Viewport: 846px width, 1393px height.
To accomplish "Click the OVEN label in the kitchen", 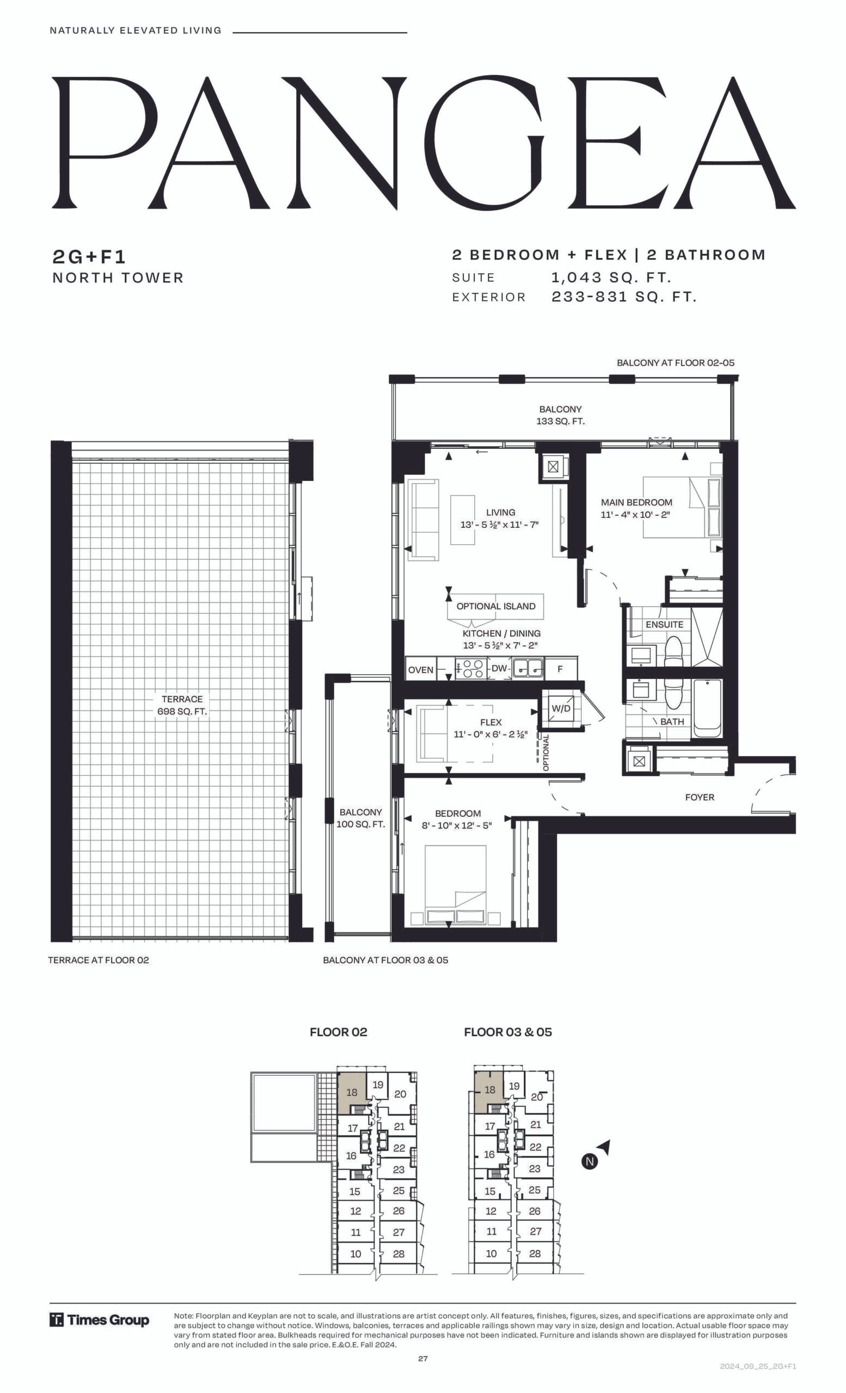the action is click(421, 670).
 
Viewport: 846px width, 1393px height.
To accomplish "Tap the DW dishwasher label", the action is click(499, 668).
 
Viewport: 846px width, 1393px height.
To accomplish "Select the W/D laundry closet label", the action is click(561, 708).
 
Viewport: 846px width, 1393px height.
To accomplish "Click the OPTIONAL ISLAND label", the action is click(496, 606).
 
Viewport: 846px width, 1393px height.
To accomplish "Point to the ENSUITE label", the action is click(665, 624).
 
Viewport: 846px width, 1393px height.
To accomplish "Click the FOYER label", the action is click(700, 797).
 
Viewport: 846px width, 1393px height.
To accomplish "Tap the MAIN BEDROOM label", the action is click(636, 502).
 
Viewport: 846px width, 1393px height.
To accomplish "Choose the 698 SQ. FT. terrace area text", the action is click(182, 711).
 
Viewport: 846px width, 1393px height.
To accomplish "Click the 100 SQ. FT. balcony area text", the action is click(361, 824).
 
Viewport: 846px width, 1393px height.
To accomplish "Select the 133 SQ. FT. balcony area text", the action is click(560, 421).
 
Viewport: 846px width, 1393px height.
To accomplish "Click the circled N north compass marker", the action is click(590, 1161).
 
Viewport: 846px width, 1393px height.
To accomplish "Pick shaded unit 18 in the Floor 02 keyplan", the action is click(352, 1092).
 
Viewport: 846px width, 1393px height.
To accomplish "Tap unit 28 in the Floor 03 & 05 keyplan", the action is click(535, 1253).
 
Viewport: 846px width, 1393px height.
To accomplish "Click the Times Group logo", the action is click(100, 1320).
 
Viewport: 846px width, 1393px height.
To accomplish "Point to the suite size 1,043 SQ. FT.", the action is click(611, 278).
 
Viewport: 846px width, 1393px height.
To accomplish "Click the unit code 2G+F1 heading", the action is click(89, 257).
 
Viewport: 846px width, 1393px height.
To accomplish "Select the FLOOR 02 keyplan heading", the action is click(338, 1032).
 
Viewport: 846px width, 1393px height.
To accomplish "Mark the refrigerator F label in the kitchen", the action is click(560, 669).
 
